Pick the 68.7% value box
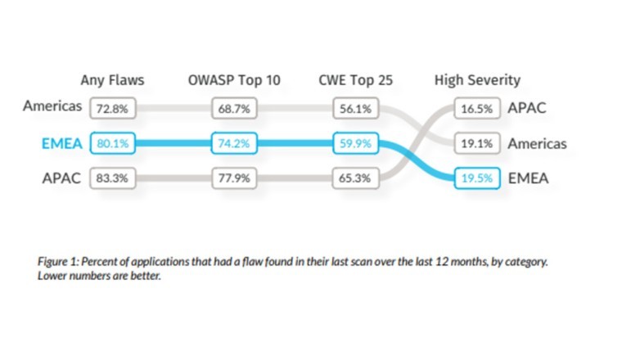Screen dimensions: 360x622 click(233, 107)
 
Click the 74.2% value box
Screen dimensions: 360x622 click(233, 143)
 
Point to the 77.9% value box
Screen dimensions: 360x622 click(233, 178)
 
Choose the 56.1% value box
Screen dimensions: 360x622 click(354, 107)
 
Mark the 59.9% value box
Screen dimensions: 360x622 click(354, 143)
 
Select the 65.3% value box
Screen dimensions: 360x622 click(354, 178)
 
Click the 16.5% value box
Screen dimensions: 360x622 click(477, 107)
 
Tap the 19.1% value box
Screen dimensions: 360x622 click(477, 143)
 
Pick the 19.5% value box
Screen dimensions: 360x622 click(477, 178)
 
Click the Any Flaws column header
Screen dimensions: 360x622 click(112, 80)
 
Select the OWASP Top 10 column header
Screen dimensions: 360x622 click(233, 80)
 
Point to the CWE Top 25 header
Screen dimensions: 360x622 click(354, 80)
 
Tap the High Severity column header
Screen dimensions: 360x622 click(477, 80)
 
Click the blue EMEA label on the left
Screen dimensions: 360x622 click(62, 143)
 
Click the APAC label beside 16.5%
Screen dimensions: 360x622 click(527, 107)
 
